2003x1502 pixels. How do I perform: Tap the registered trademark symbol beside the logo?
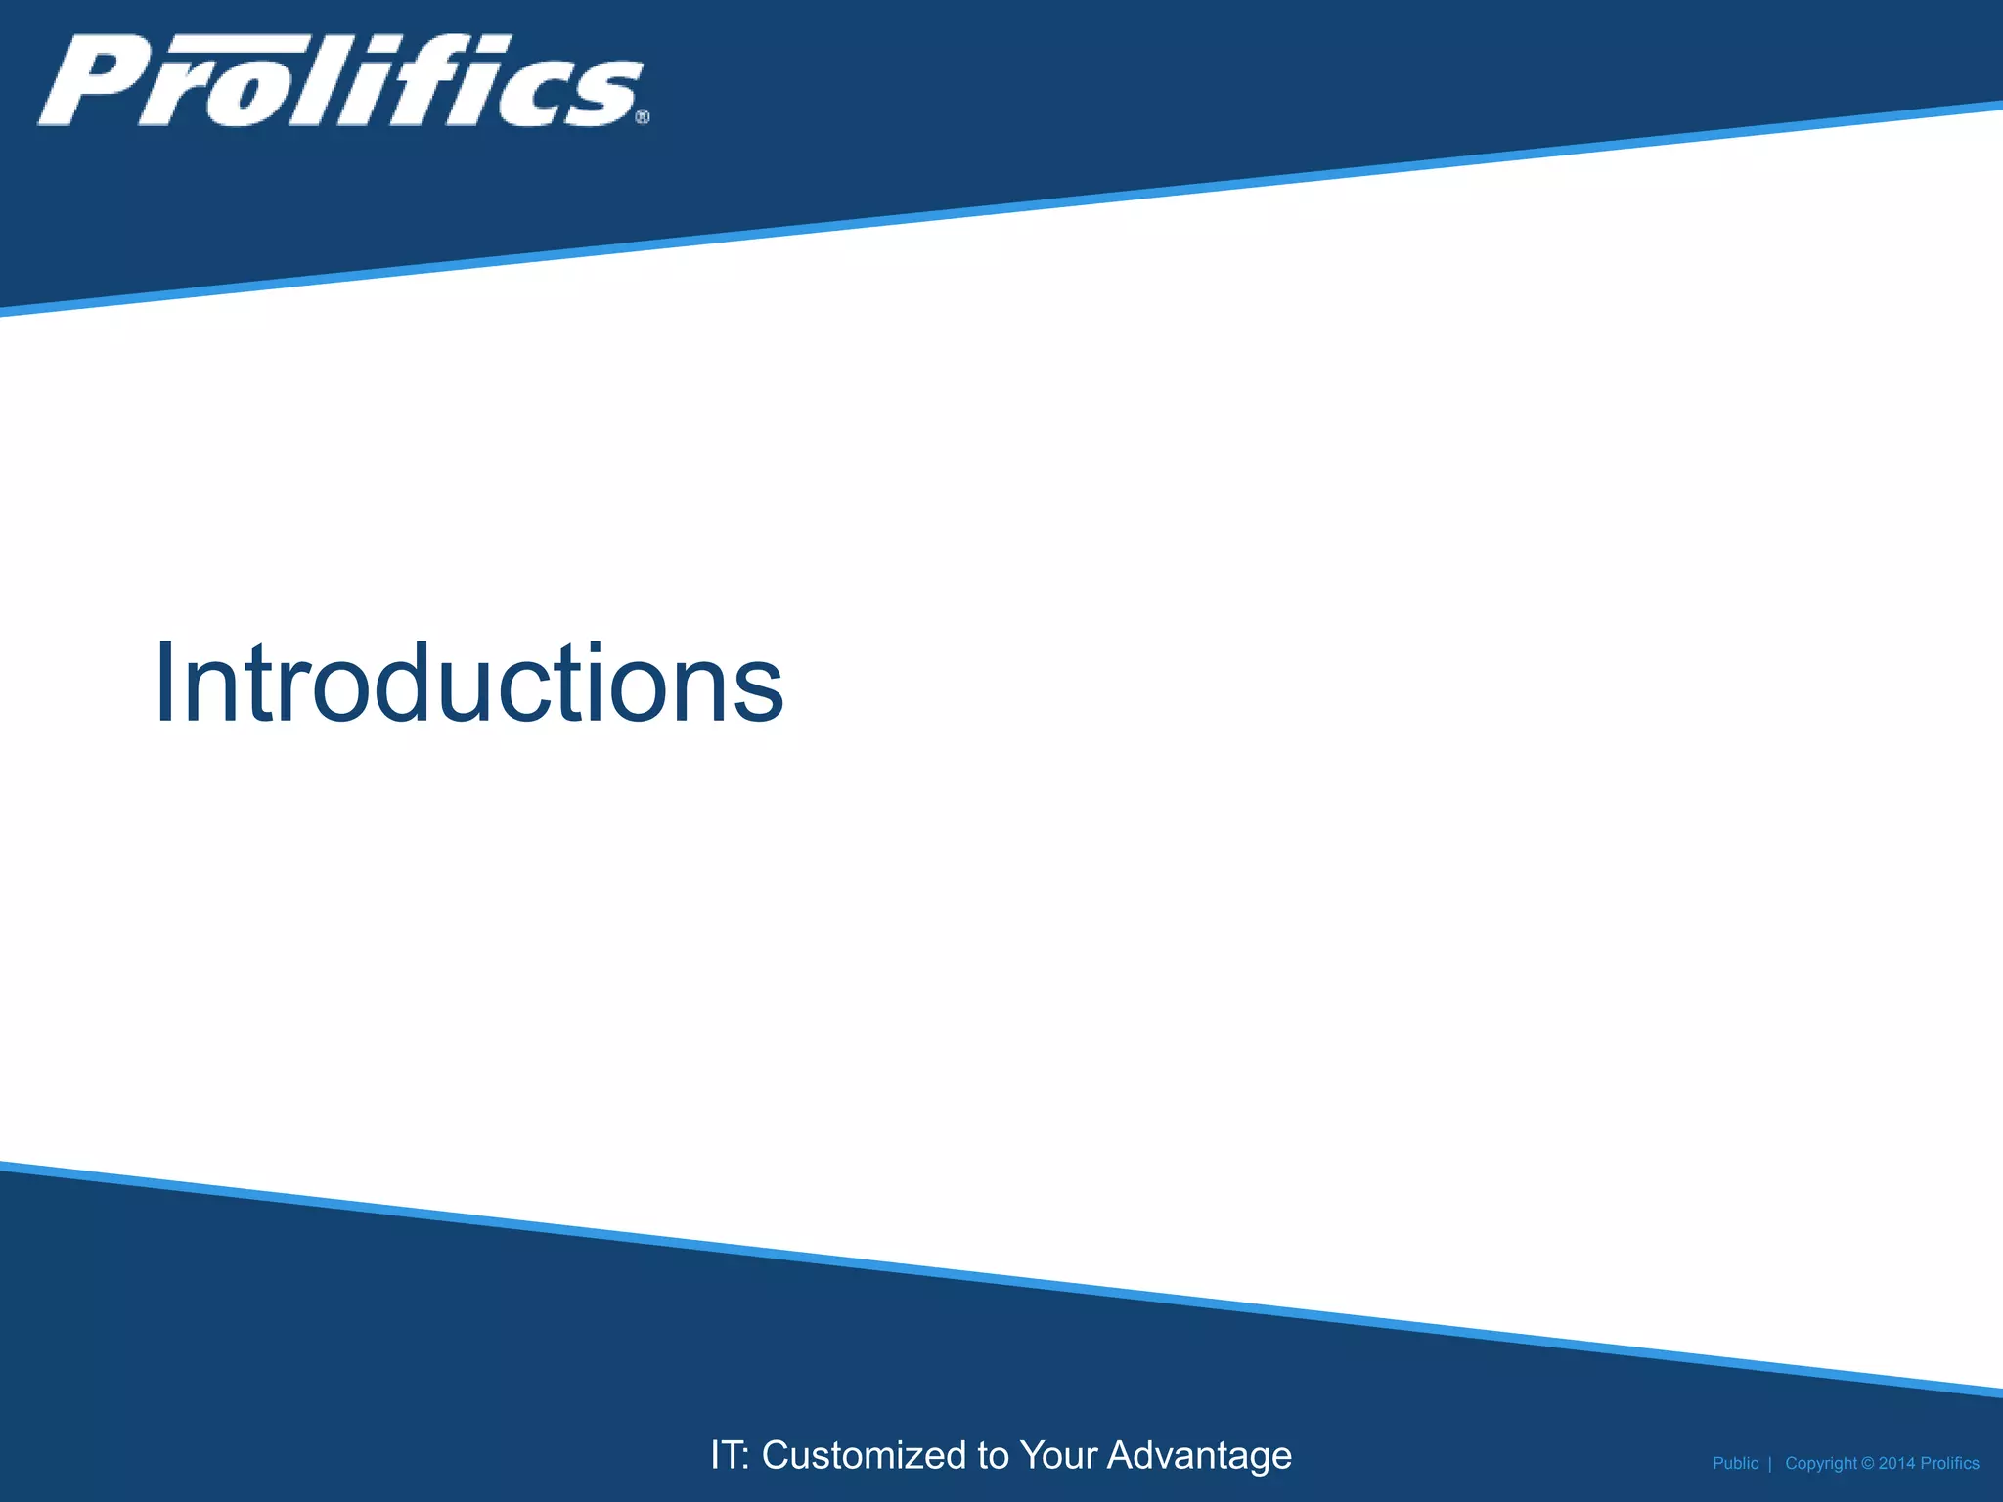pos(643,117)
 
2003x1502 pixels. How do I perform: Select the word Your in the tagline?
pos(1058,1455)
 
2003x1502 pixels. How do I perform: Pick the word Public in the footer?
pos(1735,1464)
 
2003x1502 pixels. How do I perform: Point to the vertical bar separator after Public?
pos(1770,1464)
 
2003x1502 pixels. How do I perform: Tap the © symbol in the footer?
pos(1867,1464)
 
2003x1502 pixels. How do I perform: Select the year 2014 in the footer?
pos(1896,1464)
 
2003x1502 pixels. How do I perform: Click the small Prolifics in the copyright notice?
pos(1949,1464)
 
